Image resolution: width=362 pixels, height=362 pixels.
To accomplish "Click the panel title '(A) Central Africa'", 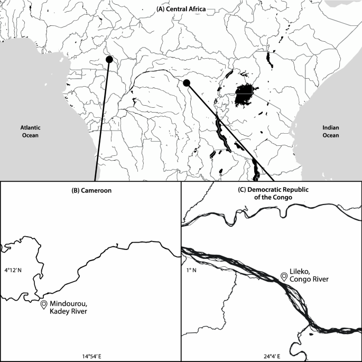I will click(181, 9).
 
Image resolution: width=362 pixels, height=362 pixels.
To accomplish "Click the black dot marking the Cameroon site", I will click(109, 59).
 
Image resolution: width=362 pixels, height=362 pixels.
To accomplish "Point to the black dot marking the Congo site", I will click(186, 83).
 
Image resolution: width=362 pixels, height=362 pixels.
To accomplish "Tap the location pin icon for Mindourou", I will click(43, 305).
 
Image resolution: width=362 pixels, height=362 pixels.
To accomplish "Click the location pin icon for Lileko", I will click(284, 277).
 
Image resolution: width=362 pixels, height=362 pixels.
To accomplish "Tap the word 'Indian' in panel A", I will click(331, 127).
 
